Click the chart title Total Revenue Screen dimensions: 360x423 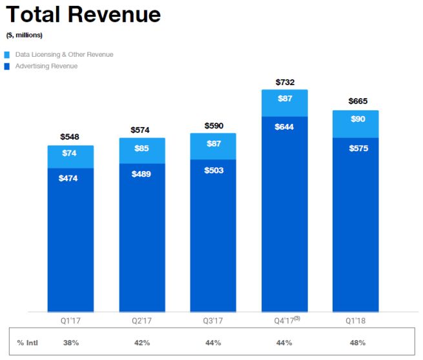tap(83, 14)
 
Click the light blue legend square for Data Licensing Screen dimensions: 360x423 tap(7, 55)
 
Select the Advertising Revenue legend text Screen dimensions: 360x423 tap(45, 66)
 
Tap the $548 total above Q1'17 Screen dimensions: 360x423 tap(70, 137)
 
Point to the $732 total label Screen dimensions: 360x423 tap(284, 82)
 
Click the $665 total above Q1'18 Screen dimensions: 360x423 tap(356, 102)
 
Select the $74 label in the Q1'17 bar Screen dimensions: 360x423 tap(70, 154)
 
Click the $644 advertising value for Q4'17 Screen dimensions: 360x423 tap(284, 127)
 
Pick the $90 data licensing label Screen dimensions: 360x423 tap(356, 119)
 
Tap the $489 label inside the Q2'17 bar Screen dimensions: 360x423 tap(141, 174)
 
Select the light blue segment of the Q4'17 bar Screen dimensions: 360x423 tap(284, 103)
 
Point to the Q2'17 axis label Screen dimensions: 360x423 tap(141, 319)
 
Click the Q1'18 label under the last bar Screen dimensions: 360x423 tap(356, 319)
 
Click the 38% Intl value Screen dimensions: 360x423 tap(70, 343)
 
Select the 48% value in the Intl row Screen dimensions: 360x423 tap(356, 343)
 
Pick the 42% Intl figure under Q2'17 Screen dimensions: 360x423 tap(141, 343)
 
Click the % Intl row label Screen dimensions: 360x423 tap(28, 343)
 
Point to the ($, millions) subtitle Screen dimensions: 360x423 tap(24, 35)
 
